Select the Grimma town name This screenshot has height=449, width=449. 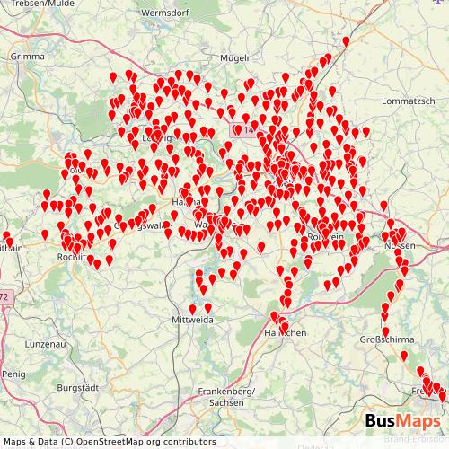[x=28, y=55]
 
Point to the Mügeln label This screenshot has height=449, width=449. [x=235, y=57]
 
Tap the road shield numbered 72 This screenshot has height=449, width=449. [x=4, y=296]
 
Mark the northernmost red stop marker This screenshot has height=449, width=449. [x=346, y=40]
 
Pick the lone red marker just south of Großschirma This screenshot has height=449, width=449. [x=403, y=357]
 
